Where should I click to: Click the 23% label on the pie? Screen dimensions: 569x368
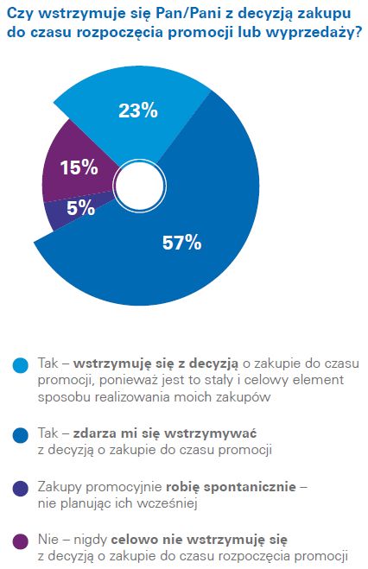click(x=137, y=110)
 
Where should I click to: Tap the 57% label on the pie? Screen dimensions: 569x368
click(x=181, y=243)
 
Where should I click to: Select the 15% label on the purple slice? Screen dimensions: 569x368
click(x=79, y=168)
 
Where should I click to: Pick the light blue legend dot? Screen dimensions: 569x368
click(x=20, y=366)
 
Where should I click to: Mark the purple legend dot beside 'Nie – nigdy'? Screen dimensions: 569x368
click(x=20, y=541)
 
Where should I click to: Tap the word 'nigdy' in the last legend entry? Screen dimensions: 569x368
click(x=92, y=540)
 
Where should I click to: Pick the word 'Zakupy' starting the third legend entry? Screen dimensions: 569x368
click(x=61, y=487)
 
